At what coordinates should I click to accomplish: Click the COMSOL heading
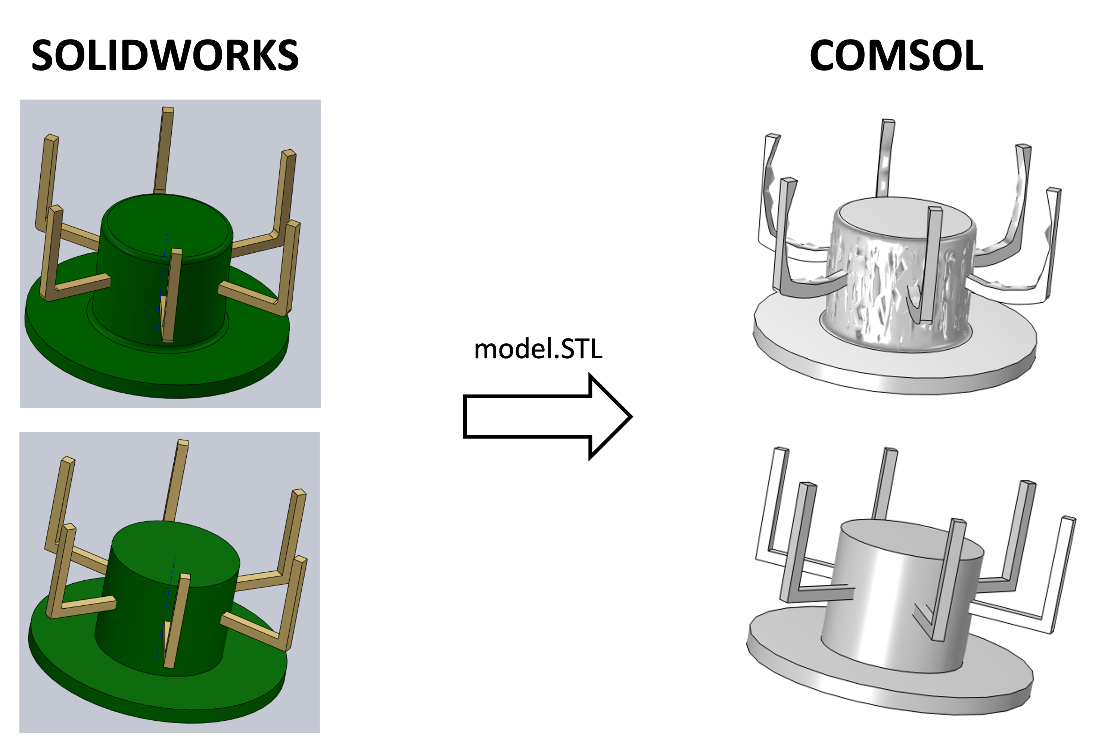click(x=896, y=56)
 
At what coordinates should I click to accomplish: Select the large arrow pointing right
click(x=548, y=416)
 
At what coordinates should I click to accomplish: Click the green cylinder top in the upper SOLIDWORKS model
click(x=167, y=228)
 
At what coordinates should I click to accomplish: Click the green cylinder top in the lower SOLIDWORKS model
click(x=176, y=554)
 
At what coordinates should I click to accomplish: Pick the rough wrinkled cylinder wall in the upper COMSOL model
click(x=898, y=291)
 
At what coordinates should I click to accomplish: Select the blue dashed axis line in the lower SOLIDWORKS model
click(x=166, y=607)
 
